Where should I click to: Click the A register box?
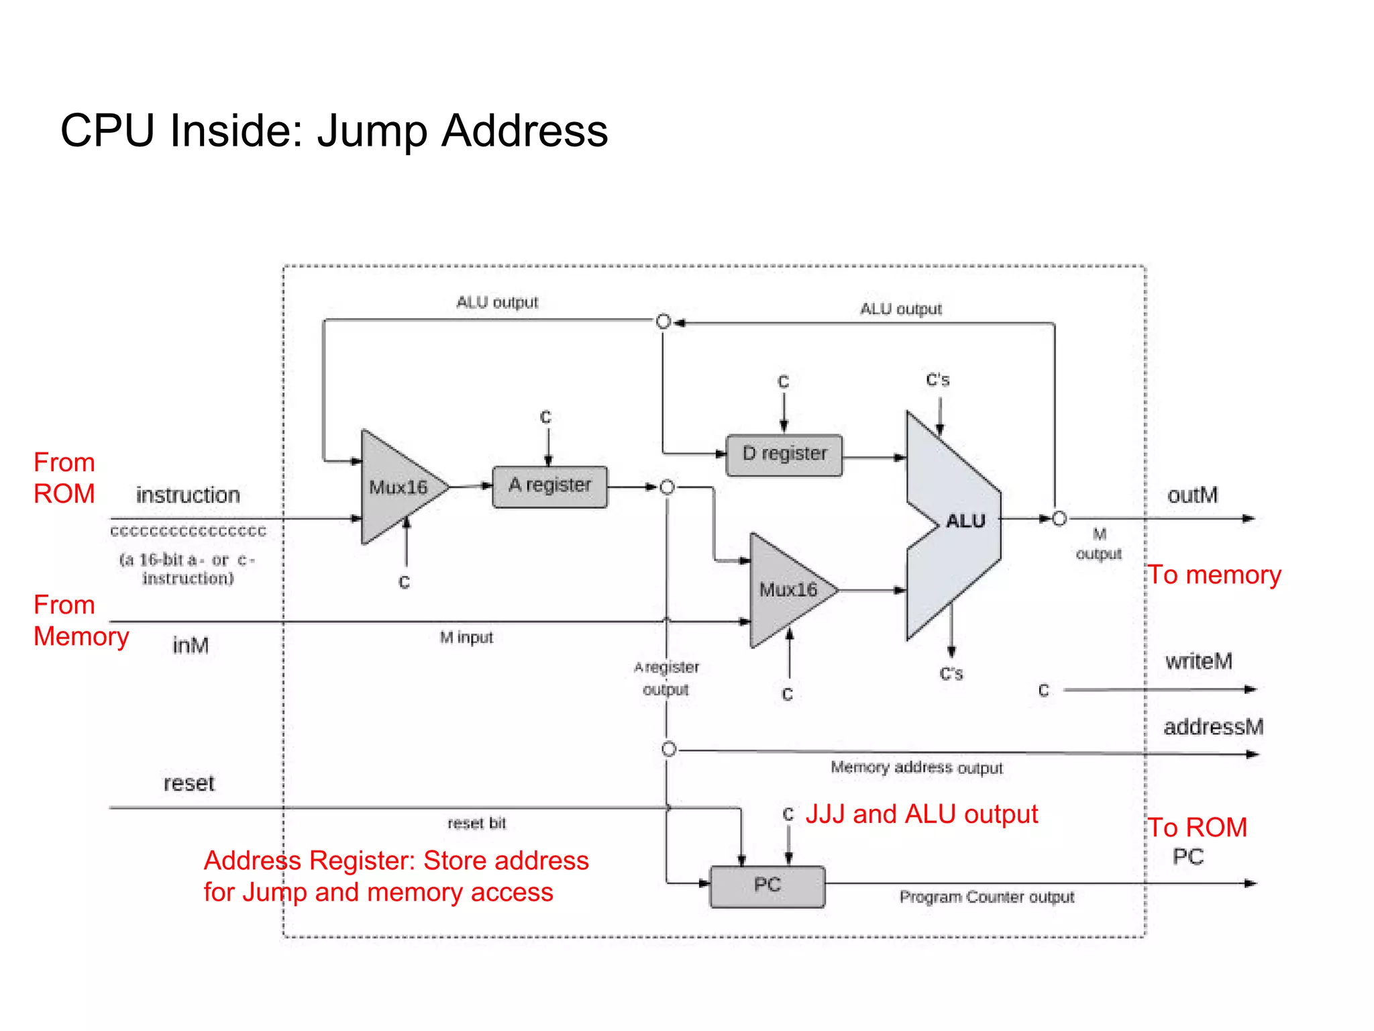[x=549, y=487]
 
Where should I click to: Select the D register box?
[x=784, y=455]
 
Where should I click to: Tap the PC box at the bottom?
[x=767, y=886]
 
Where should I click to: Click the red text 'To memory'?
[x=1214, y=575]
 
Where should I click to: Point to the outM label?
[x=1192, y=495]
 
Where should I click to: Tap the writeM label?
[x=1198, y=661]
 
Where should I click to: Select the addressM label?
[x=1213, y=727]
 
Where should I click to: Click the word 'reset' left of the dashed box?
[x=189, y=783]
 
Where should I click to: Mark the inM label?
[x=191, y=645]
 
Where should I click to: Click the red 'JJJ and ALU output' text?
[x=921, y=814]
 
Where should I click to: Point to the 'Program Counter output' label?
[x=986, y=897]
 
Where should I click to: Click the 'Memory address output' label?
[x=916, y=767]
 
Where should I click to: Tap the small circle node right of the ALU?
[x=1059, y=519]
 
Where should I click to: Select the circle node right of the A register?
[x=667, y=487]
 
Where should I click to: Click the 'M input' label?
[x=466, y=638]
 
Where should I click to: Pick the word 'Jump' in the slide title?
[x=372, y=131]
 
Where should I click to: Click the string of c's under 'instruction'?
[x=189, y=532]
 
